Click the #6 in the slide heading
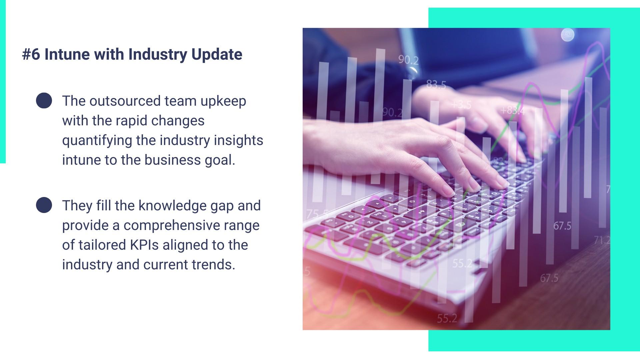coord(31,54)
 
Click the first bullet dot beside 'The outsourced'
coord(44,100)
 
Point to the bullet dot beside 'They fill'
coord(44,205)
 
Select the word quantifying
coord(97,141)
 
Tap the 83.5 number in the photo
coord(436,85)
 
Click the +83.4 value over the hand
coord(513,110)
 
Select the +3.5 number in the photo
coord(461,105)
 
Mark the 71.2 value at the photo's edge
coord(602,240)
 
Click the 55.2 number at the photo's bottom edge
coord(447,318)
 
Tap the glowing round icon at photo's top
coord(568,35)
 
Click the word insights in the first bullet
coord(238,141)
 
